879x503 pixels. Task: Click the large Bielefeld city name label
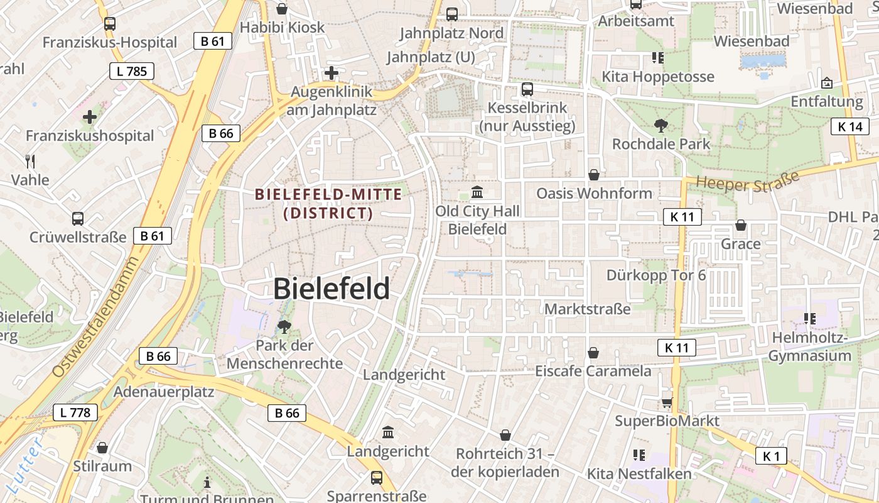point(332,289)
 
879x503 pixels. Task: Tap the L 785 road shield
point(132,71)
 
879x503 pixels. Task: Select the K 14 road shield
point(850,126)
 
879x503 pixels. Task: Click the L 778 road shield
point(75,412)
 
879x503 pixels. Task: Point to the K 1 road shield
point(771,456)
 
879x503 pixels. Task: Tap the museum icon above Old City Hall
point(477,192)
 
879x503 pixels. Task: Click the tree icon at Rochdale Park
point(661,126)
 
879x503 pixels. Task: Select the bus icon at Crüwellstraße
point(78,219)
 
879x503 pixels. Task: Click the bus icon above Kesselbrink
point(527,89)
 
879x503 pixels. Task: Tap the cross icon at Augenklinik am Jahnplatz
point(332,73)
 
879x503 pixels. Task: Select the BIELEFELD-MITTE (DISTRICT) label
point(328,204)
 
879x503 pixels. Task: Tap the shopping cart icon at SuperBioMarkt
point(667,402)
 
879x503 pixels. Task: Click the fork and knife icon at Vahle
point(30,161)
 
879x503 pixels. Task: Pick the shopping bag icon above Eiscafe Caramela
point(593,353)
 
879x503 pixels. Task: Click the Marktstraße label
point(587,309)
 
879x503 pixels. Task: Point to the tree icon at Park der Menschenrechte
point(284,326)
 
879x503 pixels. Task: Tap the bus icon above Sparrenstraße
point(376,478)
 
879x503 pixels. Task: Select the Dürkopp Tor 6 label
point(655,275)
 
